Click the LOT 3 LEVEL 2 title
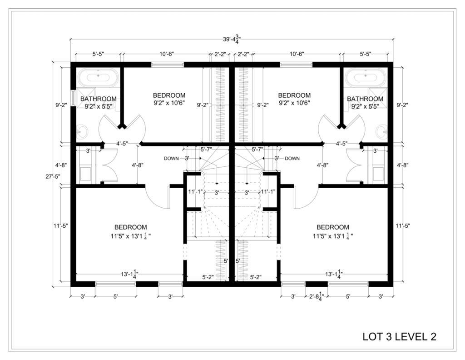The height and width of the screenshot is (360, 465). pos(399,336)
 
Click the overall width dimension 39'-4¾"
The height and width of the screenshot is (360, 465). pos(232,40)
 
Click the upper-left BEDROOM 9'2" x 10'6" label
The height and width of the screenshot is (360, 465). pos(169,99)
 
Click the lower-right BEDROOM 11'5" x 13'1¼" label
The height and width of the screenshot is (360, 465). pos(333,231)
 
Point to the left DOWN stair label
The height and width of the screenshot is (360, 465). pos(171,159)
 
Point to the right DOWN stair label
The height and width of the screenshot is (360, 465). pos(292,159)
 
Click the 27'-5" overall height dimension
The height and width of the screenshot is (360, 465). pos(53,176)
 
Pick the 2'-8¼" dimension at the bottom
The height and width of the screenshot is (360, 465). pos(317,297)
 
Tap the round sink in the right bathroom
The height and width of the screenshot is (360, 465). pos(381,131)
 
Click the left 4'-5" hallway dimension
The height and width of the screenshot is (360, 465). pos(122,144)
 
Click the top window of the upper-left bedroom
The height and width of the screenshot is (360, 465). pos(168,65)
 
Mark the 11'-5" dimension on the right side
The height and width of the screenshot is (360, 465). pos(402,226)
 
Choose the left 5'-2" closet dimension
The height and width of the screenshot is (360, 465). pos(208,277)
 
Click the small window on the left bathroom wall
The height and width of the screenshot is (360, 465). pos(73,97)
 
